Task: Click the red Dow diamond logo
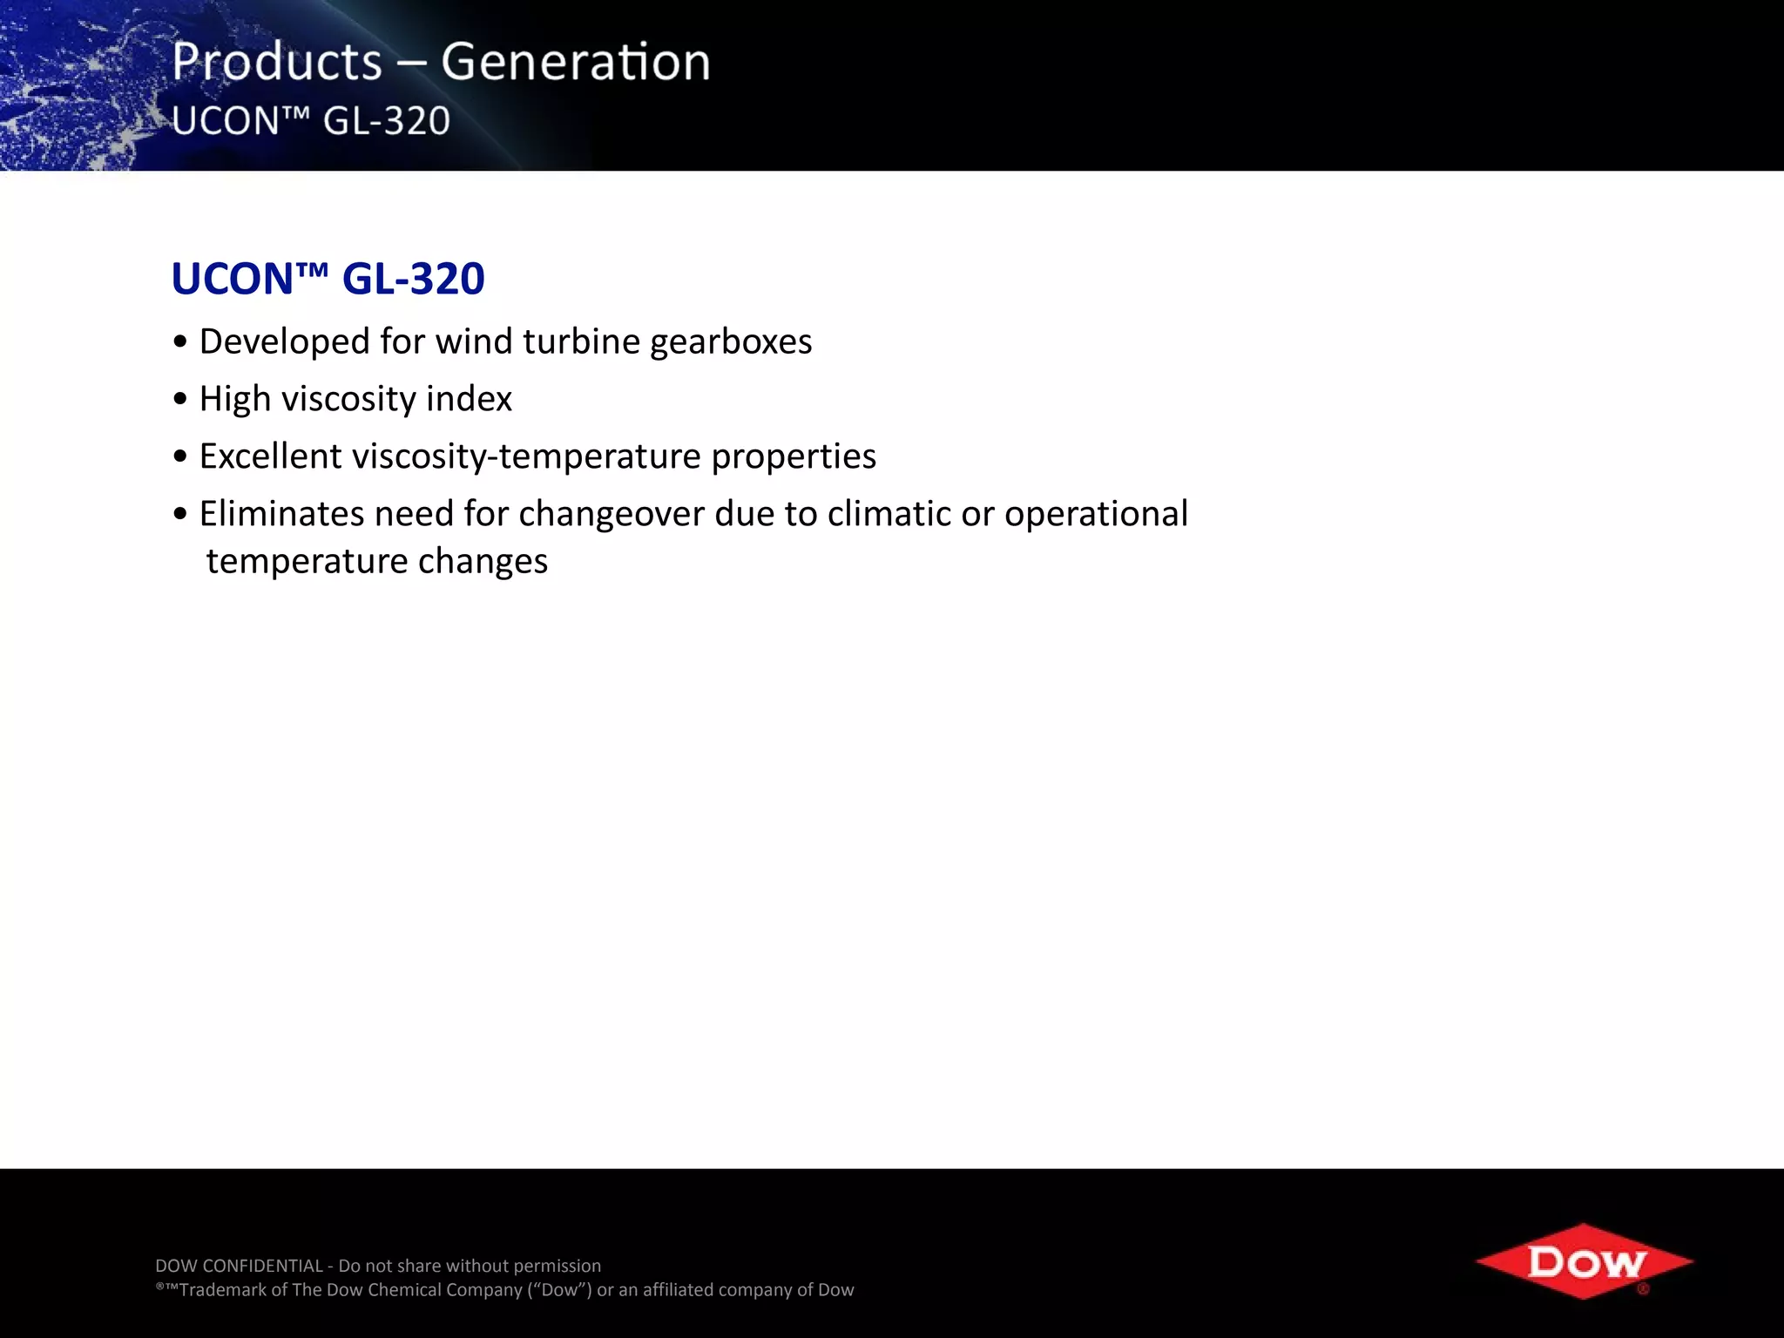[1583, 1261]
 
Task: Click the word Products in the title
[277, 63]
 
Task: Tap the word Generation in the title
[575, 63]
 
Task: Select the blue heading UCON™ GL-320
[328, 279]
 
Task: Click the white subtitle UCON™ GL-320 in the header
[311, 121]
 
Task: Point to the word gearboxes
[731, 342]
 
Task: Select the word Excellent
[270, 456]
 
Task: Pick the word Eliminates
[281, 514]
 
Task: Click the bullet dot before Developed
[180, 342]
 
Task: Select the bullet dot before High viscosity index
[180, 400]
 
